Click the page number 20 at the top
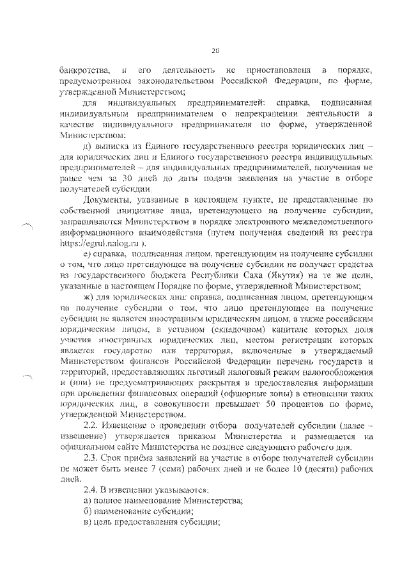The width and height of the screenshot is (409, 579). click(215, 51)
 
